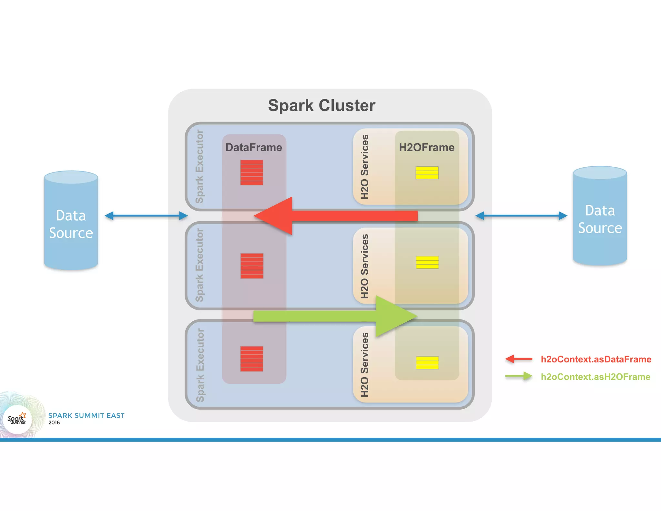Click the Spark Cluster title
click(x=321, y=106)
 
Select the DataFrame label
click(x=254, y=147)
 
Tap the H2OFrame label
click(x=426, y=147)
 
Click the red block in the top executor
click(x=251, y=172)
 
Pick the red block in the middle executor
click(x=252, y=266)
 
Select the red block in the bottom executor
click(x=251, y=359)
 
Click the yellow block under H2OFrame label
click(x=427, y=173)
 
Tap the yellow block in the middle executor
click(x=427, y=262)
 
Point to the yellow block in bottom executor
click(x=427, y=363)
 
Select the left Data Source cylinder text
click(x=71, y=224)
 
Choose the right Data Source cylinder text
click(x=600, y=219)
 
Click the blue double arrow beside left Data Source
click(x=146, y=216)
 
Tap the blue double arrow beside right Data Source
click(x=521, y=216)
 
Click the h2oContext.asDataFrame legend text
click(x=596, y=359)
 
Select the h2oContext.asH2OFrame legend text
click(x=595, y=377)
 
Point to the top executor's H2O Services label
click(x=364, y=167)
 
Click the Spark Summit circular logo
click(x=17, y=419)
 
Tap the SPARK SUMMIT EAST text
click(x=86, y=415)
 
